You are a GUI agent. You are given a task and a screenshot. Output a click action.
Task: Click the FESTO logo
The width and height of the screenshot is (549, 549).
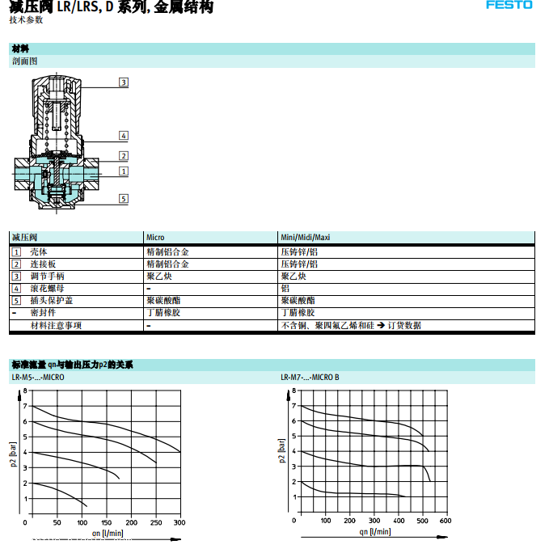tap(509, 5)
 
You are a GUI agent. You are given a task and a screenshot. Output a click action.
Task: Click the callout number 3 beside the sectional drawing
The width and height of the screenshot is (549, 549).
tap(123, 82)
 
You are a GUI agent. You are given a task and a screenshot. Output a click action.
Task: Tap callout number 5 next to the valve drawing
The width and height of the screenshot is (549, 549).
tap(123, 198)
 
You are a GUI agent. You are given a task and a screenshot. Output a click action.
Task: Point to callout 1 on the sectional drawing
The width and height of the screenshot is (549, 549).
tap(123, 171)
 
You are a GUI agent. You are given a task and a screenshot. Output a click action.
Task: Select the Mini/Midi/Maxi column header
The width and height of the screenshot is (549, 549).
tap(305, 237)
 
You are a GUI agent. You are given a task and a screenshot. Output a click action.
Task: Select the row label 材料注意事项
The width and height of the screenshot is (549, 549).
tap(56, 325)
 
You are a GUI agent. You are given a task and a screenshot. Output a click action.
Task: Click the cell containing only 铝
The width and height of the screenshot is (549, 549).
tap(285, 288)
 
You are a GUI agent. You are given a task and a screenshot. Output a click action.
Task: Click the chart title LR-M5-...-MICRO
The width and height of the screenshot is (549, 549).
tap(37, 377)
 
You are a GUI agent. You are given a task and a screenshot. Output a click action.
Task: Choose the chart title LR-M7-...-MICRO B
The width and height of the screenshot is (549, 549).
tap(310, 377)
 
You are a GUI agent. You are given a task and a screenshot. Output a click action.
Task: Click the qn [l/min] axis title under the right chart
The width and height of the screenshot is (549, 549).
tap(374, 531)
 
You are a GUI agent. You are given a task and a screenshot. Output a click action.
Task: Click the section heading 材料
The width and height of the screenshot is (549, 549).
tap(20, 49)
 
